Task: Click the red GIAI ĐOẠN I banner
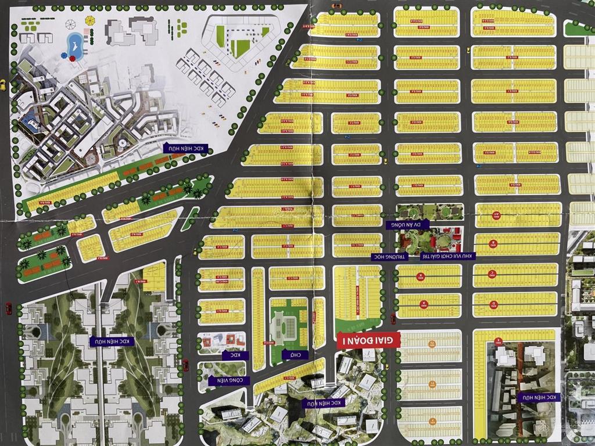pos(368,340)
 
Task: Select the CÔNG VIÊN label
pos(229,381)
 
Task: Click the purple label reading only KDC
pos(235,355)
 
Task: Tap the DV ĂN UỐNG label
pos(407,224)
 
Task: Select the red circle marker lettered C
pos(493,273)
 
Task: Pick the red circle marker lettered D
pos(493,303)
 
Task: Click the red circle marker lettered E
pos(499,340)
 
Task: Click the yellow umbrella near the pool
pos(89,21)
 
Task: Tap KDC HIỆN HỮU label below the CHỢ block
pos(323,402)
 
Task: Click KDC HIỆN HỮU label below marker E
pos(539,397)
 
